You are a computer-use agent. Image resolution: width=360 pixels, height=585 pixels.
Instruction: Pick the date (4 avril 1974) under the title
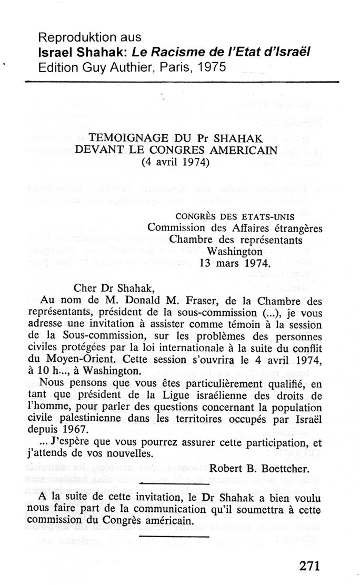pyautogui.click(x=176, y=162)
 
